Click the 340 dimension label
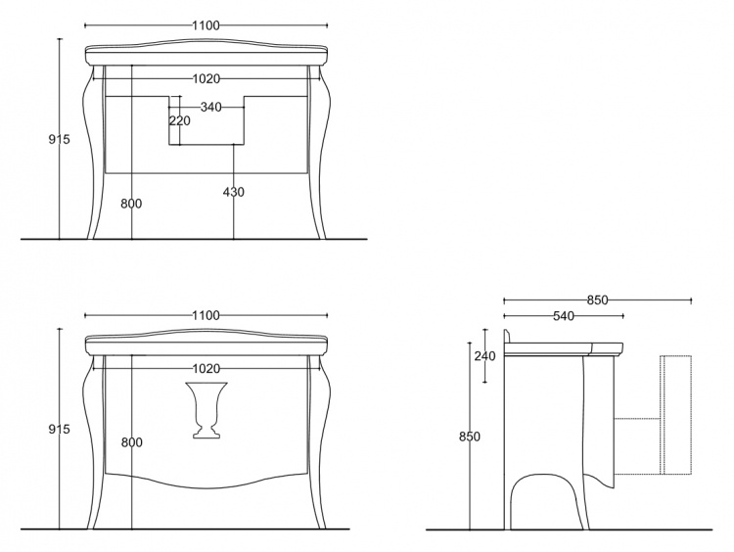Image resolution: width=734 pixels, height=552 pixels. tap(210, 108)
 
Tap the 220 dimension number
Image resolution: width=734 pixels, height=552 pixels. tap(180, 120)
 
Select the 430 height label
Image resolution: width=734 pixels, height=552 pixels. tap(233, 192)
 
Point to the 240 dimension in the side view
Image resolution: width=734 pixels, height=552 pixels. tap(484, 356)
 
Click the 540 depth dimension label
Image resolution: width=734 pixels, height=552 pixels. tap(563, 316)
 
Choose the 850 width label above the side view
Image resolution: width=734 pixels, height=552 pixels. tap(597, 300)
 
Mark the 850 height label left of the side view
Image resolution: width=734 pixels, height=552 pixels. tap(470, 437)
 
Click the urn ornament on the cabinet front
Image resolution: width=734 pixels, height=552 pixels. tap(206, 410)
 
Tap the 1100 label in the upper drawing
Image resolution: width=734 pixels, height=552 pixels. tap(206, 25)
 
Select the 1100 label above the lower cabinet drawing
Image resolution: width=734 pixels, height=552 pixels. tap(206, 315)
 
